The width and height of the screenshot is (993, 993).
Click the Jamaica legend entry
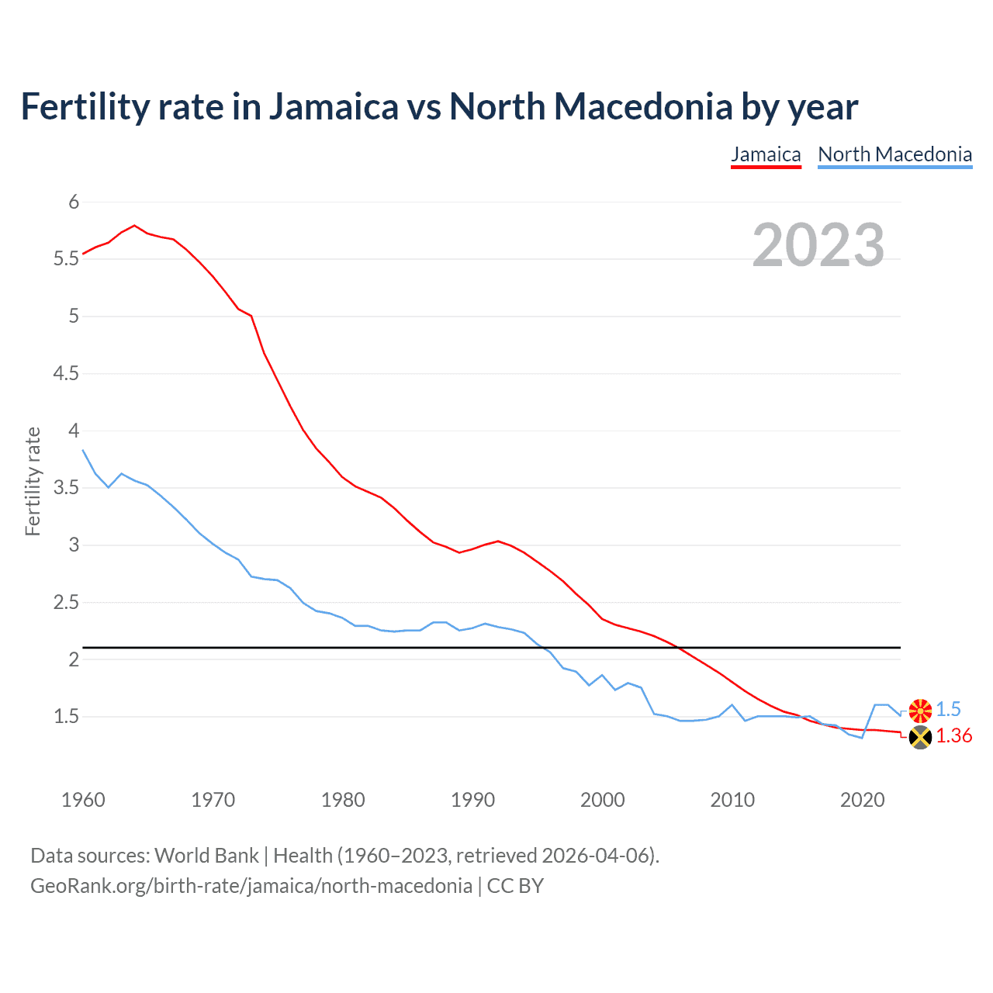point(766,154)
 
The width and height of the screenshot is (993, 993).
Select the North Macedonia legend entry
point(894,154)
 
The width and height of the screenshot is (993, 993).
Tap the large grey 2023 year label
point(818,245)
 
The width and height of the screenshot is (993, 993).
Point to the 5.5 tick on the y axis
point(67,259)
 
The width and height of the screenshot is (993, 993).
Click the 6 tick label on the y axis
point(74,202)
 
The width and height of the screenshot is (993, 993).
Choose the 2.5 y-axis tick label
point(67,603)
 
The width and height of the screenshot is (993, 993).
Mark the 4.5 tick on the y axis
point(67,374)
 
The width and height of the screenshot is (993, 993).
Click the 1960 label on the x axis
point(83,800)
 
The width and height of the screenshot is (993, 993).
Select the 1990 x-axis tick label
point(472,800)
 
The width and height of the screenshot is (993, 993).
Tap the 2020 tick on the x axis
point(862,800)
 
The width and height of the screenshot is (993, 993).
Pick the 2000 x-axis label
point(602,800)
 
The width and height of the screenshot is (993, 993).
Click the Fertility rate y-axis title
point(33,481)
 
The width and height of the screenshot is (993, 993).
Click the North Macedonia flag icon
point(920,710)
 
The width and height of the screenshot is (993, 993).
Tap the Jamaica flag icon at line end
point(920,737)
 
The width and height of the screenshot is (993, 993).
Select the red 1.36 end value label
point(953,736)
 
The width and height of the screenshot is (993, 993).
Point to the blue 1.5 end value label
point(948,710)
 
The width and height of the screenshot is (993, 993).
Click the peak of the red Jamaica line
point(135,226)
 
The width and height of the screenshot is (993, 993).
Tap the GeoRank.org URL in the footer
point(251,886)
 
